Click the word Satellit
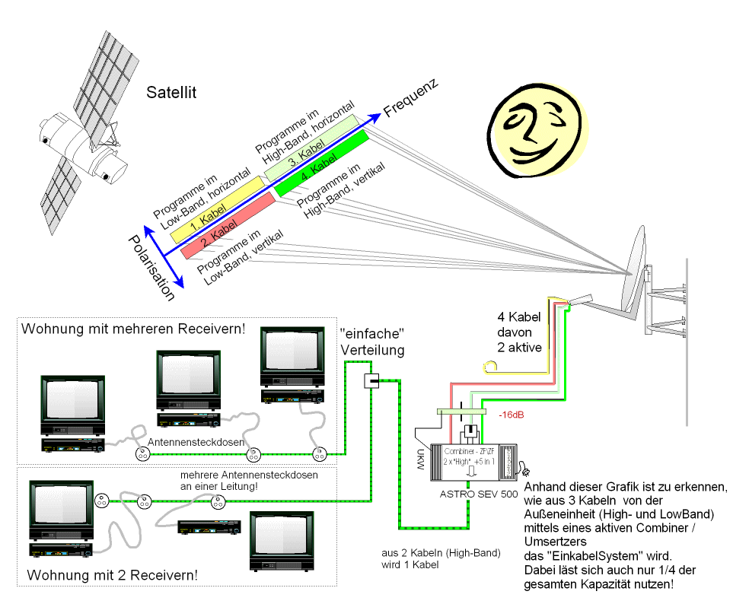[x=171, y=93]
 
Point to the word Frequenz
[x=412, y=98]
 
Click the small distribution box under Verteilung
[x=371, y=380]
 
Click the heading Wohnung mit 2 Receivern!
[x=113, y=574]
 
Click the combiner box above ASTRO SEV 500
[x=472, y=460]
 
